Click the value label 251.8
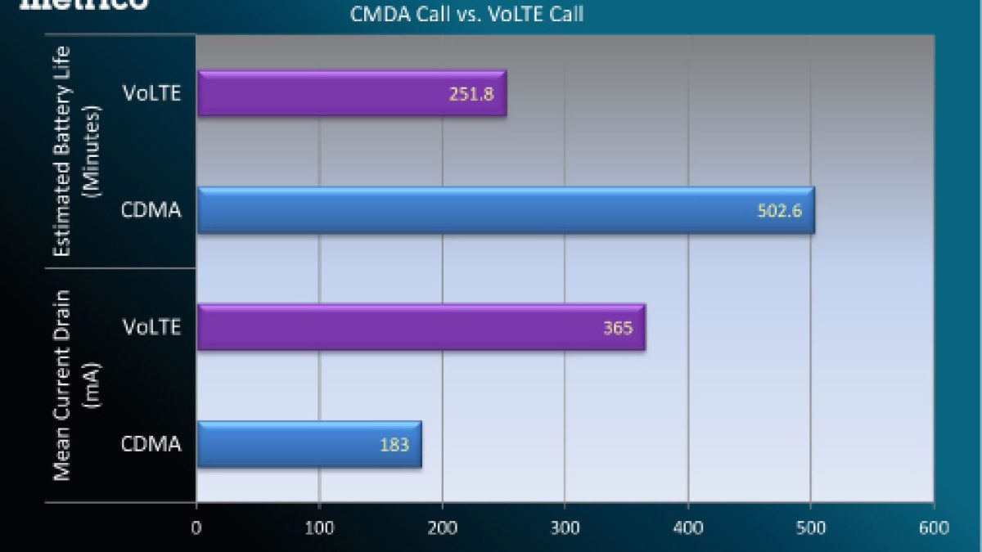(x=471, y=93)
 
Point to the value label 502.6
(x=779, y=211)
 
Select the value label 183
(x=394, y=444)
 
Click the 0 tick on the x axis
(x=196, y=527)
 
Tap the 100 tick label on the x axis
(x=319, y=527)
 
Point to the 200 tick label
(x=442, y=527)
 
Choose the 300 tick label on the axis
(x=565, y=527)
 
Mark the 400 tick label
(x=687, y=527)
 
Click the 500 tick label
(x=810, y=527)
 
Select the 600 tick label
(x=933, y=527)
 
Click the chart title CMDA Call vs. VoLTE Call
(x=466, y=14)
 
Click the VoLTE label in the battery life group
(x=151, y=93)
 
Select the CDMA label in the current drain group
(x=151, y=444)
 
